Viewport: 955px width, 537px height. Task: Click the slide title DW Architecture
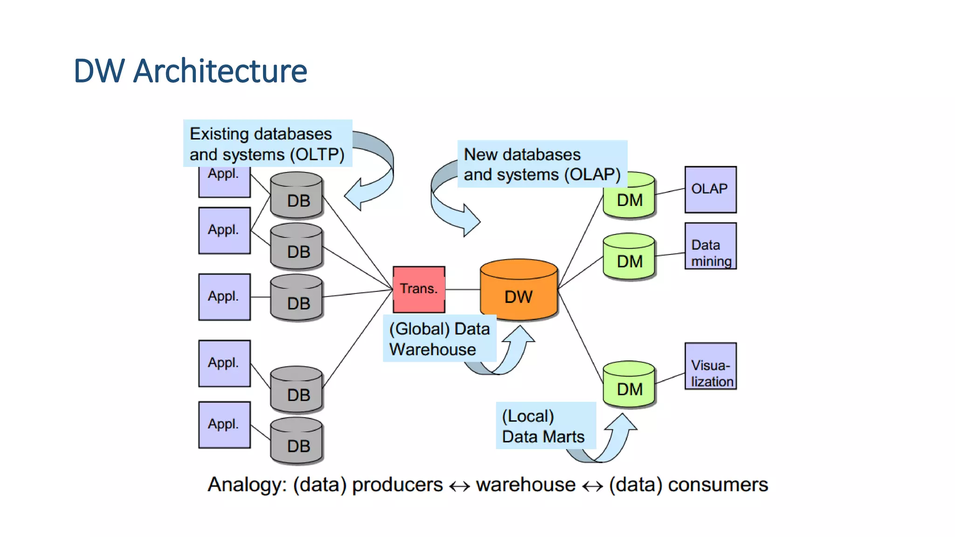(190, 71)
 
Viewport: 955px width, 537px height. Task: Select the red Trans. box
(419, 289)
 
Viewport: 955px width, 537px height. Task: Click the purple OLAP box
(710, 189)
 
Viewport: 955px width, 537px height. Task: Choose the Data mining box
(710, 246)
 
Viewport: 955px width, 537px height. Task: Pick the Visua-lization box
(710, 366)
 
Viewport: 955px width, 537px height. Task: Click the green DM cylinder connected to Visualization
(629, 385)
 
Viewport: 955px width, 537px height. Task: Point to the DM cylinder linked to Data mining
(629, 257)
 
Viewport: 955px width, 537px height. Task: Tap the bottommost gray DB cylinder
(297, 441)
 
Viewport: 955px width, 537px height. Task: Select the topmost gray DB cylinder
(297, 196)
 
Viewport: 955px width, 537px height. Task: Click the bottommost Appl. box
(224, 425)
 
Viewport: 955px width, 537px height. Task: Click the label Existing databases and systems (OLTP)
(267, 144)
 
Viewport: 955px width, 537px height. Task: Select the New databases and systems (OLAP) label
(542, 164)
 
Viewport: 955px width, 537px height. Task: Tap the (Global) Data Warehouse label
(439, 339)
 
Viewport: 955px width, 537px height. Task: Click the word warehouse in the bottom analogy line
(526, 485)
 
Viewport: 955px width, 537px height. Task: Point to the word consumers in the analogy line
(718, 485)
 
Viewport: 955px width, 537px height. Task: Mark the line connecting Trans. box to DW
(463, 289)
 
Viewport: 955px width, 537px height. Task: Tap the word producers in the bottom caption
(397, 485)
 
